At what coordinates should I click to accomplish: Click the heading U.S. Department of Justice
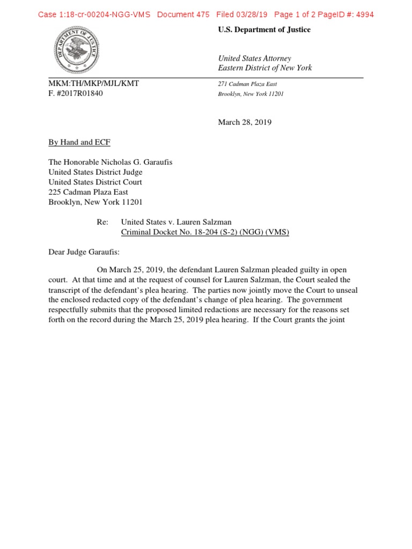tap(264, 30)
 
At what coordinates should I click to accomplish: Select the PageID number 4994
tap(363, 14)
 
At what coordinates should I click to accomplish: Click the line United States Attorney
tap(254, 58)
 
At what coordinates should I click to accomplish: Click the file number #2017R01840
tap(79, 93)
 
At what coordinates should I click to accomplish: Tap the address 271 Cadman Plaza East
tap(247, 84)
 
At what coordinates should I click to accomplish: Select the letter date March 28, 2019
tap(245, 122)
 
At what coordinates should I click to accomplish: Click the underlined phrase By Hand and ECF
tap(79, 143)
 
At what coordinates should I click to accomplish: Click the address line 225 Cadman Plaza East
tap(88, 192)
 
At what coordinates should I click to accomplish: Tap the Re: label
tap(102, 221)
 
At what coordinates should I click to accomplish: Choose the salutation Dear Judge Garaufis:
tap(86, 251)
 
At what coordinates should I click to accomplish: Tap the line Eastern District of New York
tap(264, 68)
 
